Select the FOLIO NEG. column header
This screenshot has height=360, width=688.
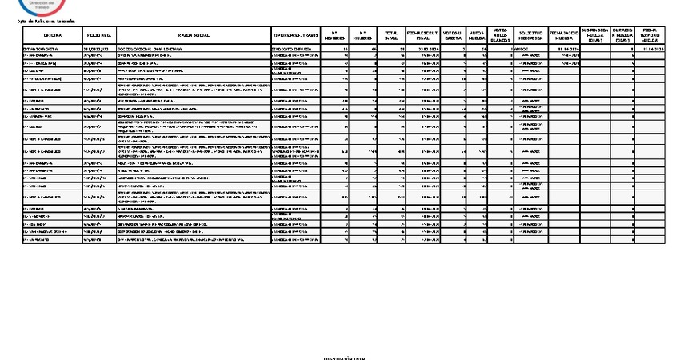point(98,36)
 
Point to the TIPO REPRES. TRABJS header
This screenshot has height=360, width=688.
point(297,36)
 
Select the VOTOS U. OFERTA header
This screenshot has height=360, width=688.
point(453,36)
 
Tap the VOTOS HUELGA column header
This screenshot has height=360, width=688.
point(477,36)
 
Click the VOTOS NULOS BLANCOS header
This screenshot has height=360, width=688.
point(500,36)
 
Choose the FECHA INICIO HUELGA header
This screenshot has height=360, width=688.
point(564,36)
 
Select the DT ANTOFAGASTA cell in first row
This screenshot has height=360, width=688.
point(41,49)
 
